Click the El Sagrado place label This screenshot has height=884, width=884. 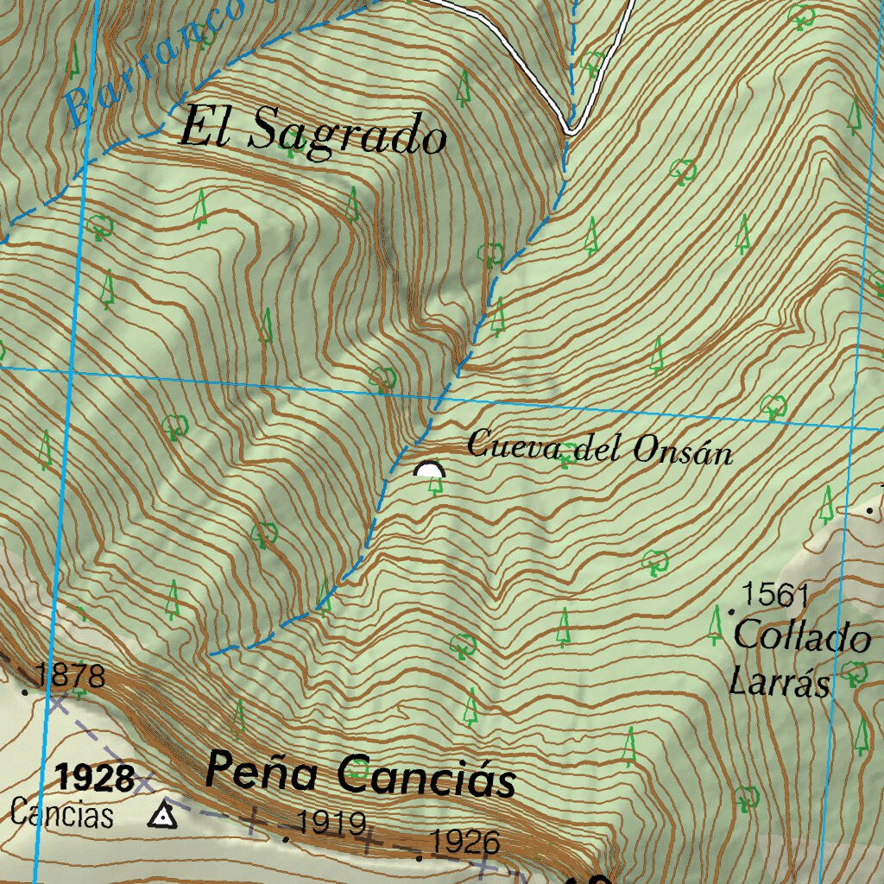pyautogui.click(x=313, y=134)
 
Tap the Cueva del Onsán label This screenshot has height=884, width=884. pyautogui.click(x=599, y=448)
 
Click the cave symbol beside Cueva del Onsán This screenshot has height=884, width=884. pyautogui.click(x=429, y=470)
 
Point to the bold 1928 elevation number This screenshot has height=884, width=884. pyautogui.click(x=96, y=779)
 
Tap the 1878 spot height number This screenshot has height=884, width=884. pyautogui.click(x=71, y=675)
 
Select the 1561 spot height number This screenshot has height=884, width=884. pyautogui.click(x=775, y=594)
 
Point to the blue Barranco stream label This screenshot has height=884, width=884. pyautogui.click(x=151, y=60)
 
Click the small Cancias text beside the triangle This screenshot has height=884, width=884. pyautogui.click(x=62, y=814)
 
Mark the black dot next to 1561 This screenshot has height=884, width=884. pyautogui.click(x=732, y=611)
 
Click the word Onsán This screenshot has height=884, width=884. pyautogui.click(x=683, y=451)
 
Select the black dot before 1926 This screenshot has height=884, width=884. pyautogui.click(x=420, y=857)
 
